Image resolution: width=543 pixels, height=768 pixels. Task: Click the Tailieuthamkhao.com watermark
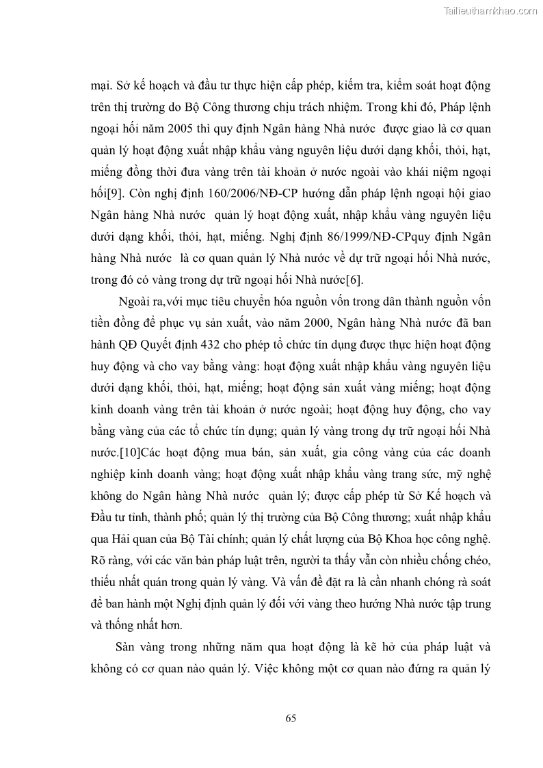point(490,10)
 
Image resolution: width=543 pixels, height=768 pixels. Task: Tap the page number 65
point(290,718)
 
